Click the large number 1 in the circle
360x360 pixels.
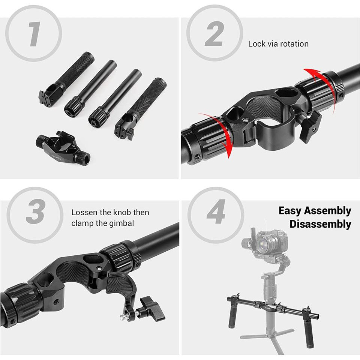(34, 34)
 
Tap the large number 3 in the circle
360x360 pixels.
(35, 211)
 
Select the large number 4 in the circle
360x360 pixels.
(216, 211)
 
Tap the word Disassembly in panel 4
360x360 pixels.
(320, 224)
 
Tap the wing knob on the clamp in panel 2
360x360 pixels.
(310, 126)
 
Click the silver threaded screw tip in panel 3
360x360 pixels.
(124, 317)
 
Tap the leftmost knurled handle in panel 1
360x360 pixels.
(66, 79)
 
